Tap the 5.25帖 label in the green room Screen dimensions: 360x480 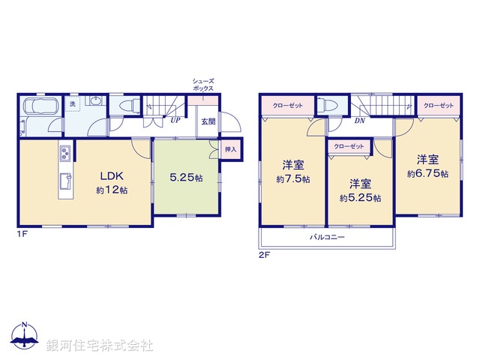pos(186,178)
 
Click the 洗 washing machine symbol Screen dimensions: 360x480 pos(73,104)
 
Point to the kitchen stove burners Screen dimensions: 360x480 pos(64,154)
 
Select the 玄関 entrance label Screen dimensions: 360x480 pos(207,121)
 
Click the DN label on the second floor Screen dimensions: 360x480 pos(359,121)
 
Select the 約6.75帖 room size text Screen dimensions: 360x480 pos(428,166)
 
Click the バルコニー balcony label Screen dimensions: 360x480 pos(327,237)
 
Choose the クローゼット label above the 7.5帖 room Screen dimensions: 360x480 pos(288,106)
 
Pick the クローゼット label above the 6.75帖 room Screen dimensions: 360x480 pos(438,106)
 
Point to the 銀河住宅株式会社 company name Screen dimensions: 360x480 pos(100,346)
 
